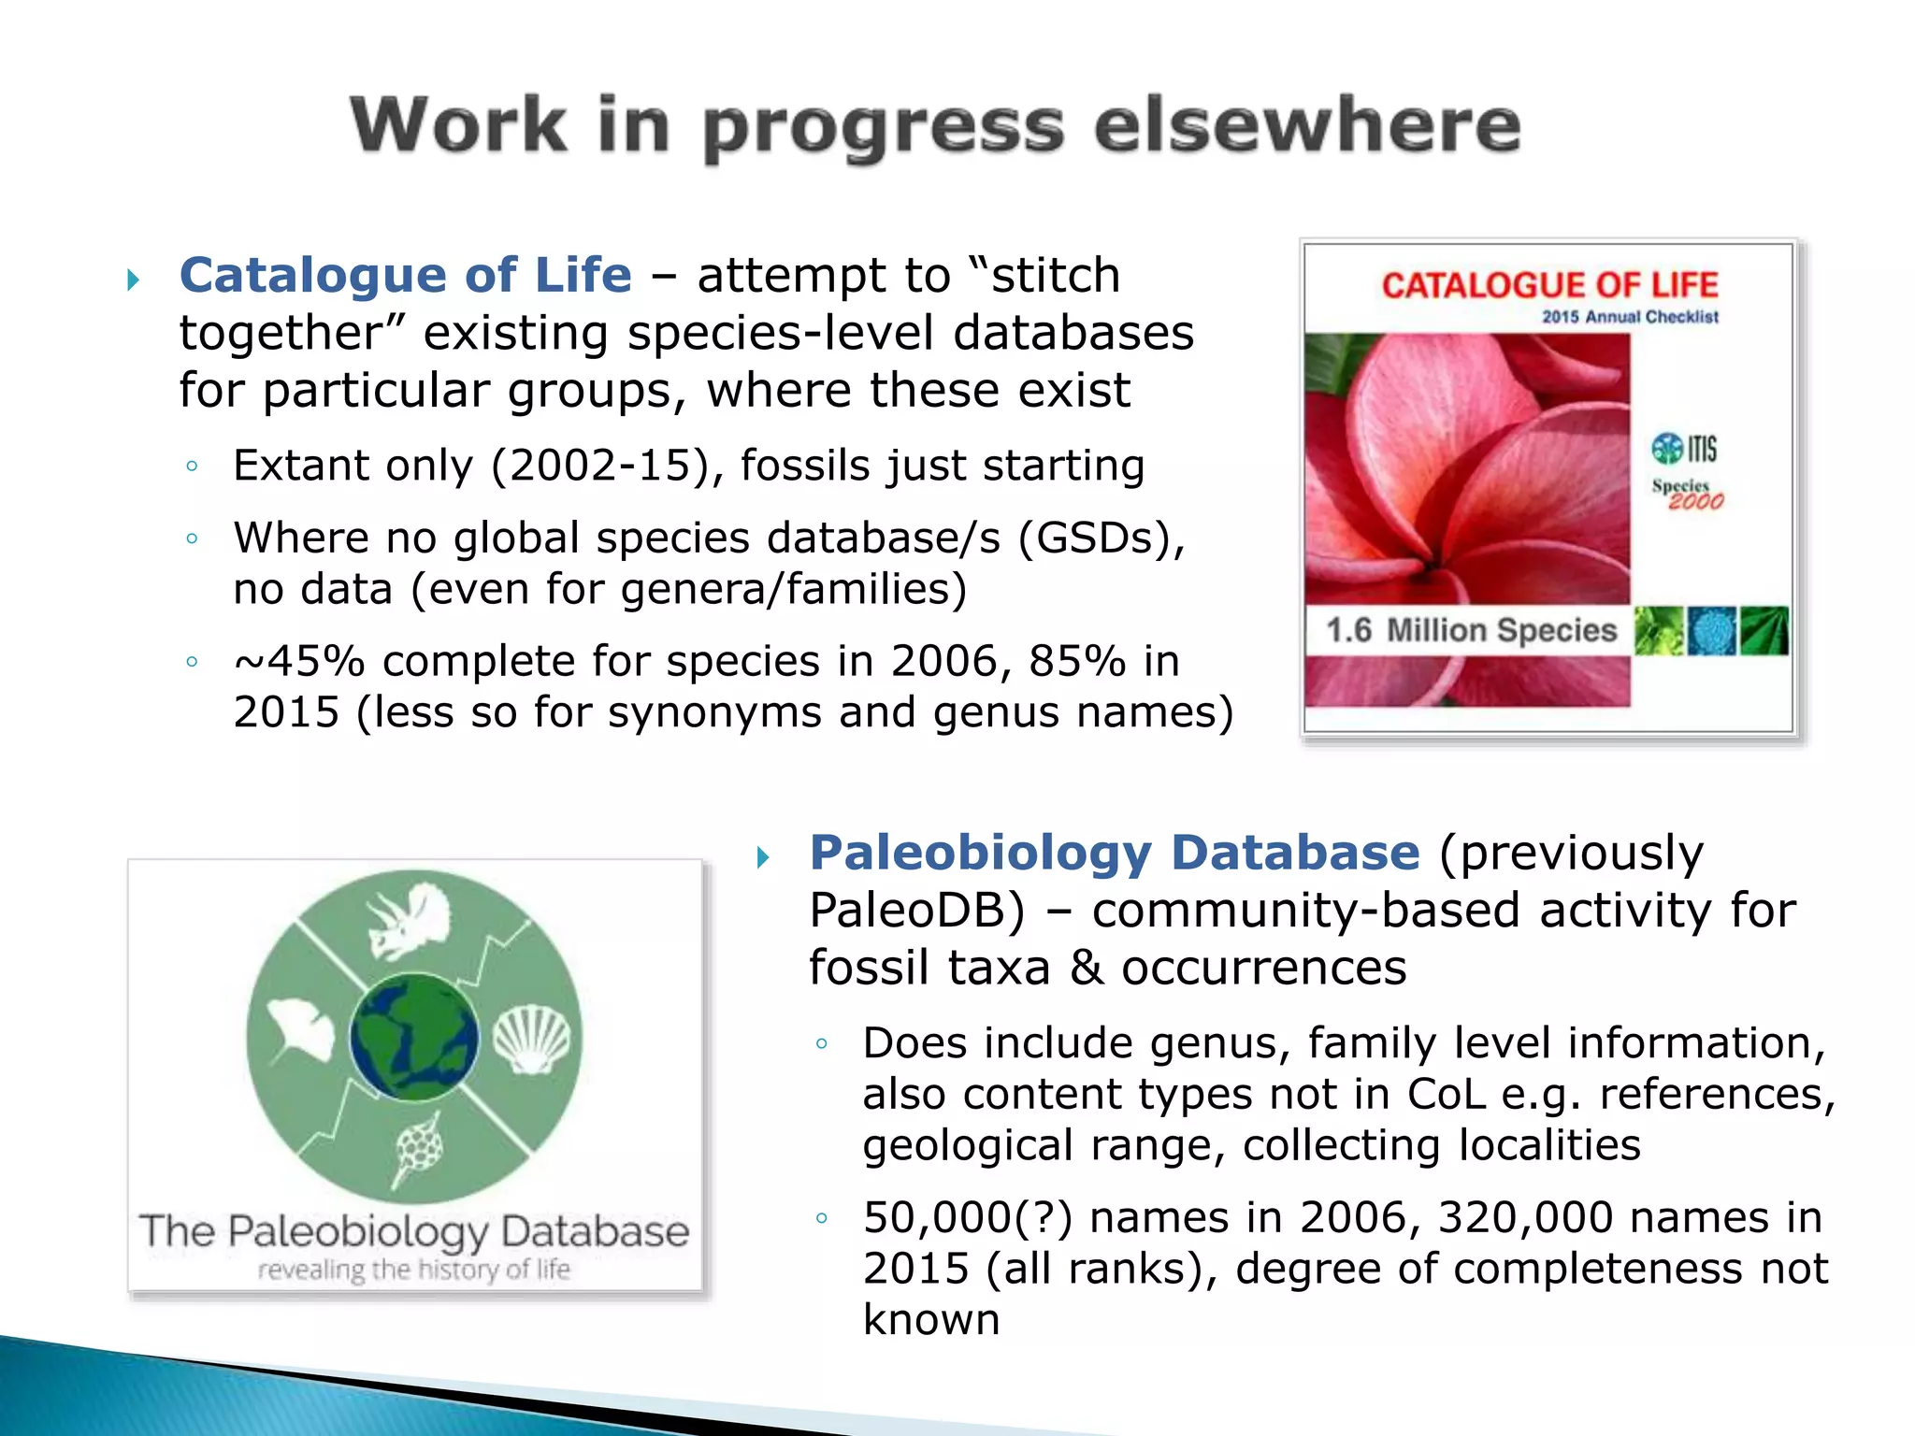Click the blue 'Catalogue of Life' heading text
pyautogui.click(x=405, y=276)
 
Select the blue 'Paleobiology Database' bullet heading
pyautogui.click(x=1114, y=853)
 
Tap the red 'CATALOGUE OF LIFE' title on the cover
pyautogui.click(x=1549, y=285)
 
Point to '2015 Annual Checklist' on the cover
pyautogui.click(x=1630, y=317)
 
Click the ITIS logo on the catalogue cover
pyautogui.click(x=1684, y=449)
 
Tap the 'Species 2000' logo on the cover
pyautogui.click(x=1687, y=494)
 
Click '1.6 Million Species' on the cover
pyautogui.click(x=1470, y=630)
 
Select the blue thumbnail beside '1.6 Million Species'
pyautogui.click(x=1711, y=631)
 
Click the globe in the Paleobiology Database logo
pyautogui.click(x=414, y=1036)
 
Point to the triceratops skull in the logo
pyautogui.click(x=409, y=922)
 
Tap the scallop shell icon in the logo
pyautogui.click(x=531, y=1040)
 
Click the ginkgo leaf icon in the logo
pyautogui.click(x=299, y=1030)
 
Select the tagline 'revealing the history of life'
pyautogui.click(x=414, y=1270)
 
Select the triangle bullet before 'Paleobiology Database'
pyautogui.click(x=763, y=856)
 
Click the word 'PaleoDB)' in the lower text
pyautogui.click(x=917, y=911)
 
